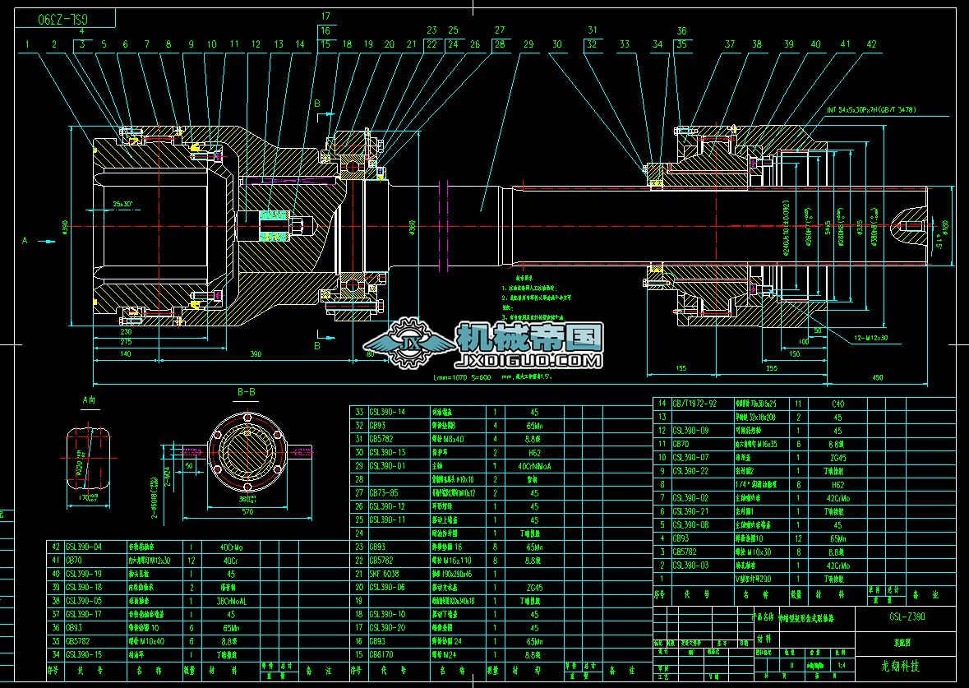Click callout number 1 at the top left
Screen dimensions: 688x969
pos(27,44)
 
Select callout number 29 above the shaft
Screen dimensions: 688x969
pos(528,44)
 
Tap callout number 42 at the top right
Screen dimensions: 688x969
pos(871,44)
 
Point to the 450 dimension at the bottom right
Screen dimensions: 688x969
pos(877,377)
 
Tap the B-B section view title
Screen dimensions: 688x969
pos(246,392)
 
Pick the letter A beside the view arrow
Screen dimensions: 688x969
pos(25,241)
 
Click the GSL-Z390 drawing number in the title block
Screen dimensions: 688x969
pos(907,616)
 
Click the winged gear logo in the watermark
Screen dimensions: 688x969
pos(408,344)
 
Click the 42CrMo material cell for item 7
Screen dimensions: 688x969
pos(837,497)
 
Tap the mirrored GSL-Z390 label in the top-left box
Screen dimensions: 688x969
pos(64,17)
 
